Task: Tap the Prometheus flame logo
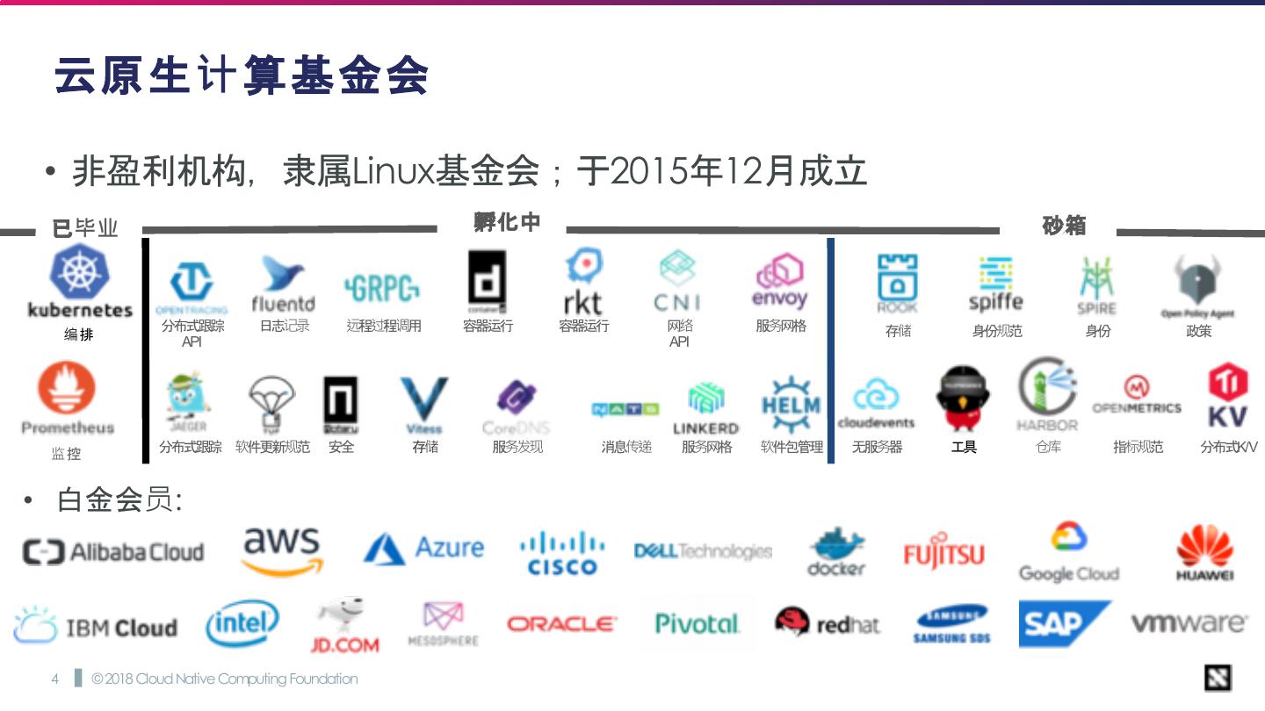[x=67, y=391]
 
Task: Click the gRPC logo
[x=382, y=287]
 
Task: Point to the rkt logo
[x=582, y=281]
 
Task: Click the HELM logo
[x=791, y=406]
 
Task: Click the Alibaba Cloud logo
[x=112, y=552]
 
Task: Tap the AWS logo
[x=281, y=550]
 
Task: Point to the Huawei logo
[x=1205, y=552]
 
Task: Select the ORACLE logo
[x=562, y=624]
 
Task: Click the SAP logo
[x=1063, y=624]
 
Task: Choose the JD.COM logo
[x=344, y=625]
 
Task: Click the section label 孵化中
[x=507, y=223]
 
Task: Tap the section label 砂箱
[x=1064, y=226]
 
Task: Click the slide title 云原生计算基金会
[x=242, y=75]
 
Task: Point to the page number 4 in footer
[x=54, y=679]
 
